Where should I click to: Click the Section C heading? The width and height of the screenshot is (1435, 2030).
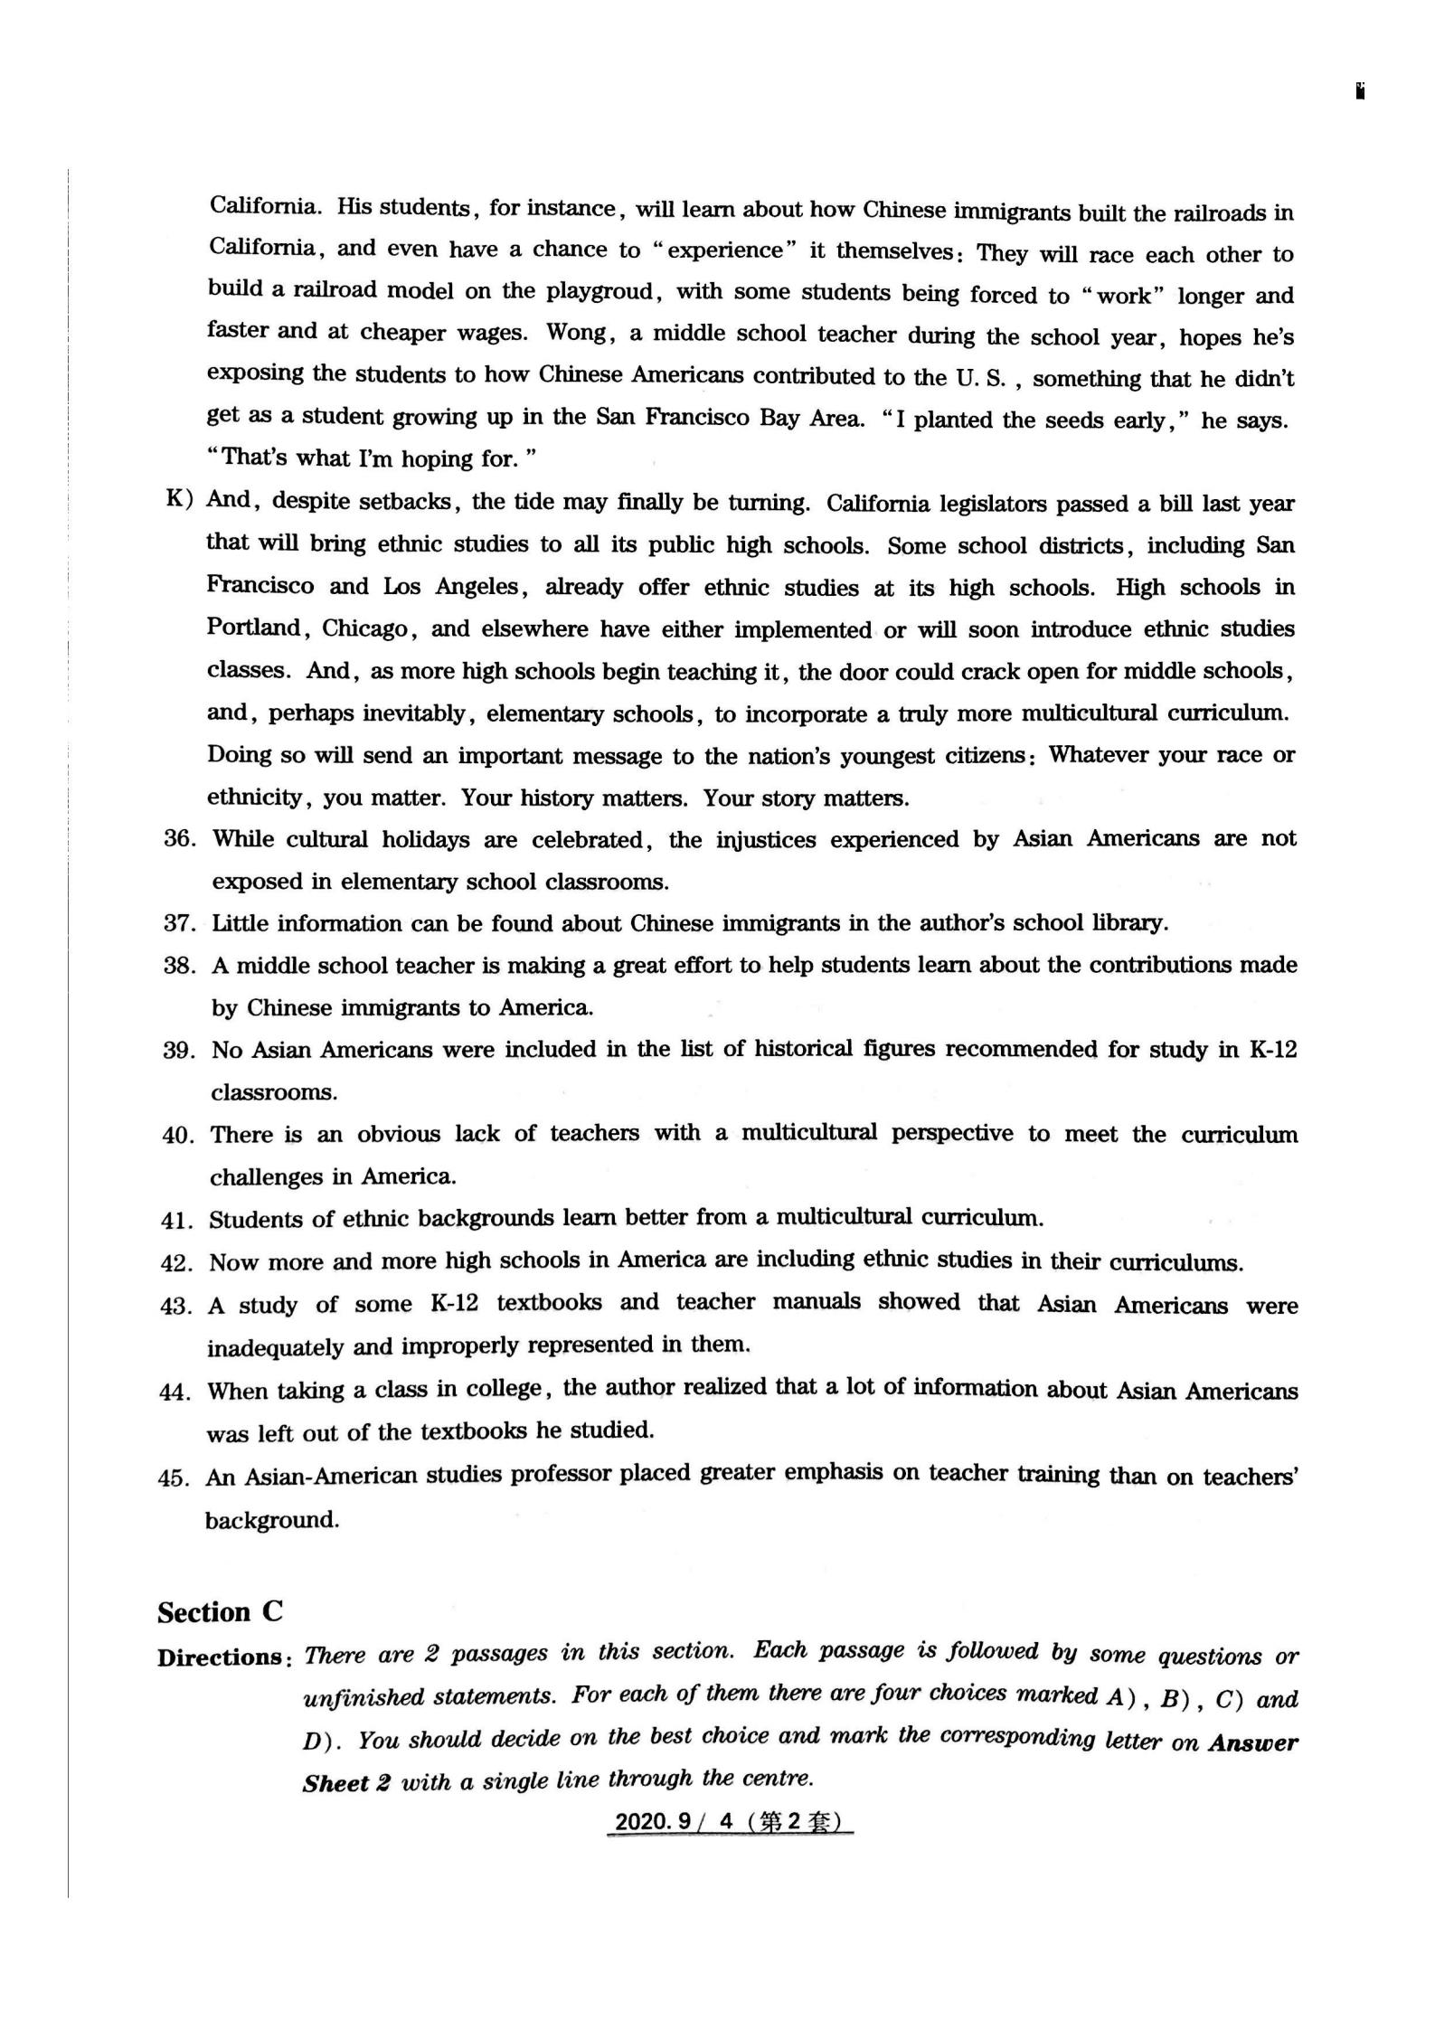(x=220, y=1612)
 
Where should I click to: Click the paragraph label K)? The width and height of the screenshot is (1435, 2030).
(x=179, y=499)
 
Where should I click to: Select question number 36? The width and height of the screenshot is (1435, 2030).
(x=180, y=839)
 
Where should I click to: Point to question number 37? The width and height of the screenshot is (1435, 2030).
(x=180, y=923)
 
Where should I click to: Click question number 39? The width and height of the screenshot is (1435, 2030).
(x=179, y=1051)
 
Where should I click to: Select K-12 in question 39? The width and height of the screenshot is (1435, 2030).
(x=1272, y=1050)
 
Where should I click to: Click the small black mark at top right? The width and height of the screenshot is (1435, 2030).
(x=1360, y=91)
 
